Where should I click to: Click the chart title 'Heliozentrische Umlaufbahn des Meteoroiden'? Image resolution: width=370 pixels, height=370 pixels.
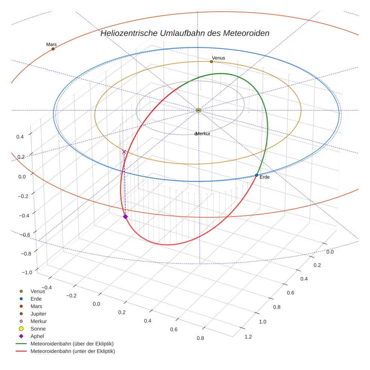[x=185, y=33]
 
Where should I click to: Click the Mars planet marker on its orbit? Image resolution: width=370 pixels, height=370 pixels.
[x=53, y=49]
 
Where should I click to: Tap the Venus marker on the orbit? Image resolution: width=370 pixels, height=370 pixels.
[x=211, y=62]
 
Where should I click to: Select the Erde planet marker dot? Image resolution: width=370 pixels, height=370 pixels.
[x=256, y=175]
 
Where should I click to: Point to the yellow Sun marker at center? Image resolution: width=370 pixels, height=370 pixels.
[x=199, y=110]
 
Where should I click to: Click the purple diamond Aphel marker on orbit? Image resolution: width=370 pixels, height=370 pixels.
[x=125, y=217]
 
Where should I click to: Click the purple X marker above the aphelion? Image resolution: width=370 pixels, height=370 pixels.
[x=124, y=152]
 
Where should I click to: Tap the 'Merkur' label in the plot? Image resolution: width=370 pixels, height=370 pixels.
[x=203, y=134]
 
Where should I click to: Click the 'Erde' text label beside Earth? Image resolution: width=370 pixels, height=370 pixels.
[x=265, y=177]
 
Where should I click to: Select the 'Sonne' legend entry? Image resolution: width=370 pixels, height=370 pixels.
[x=38, y=329]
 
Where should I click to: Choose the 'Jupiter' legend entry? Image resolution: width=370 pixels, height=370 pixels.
[x=38, y=314]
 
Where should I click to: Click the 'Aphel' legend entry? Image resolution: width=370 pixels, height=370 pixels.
[x=37, y=336]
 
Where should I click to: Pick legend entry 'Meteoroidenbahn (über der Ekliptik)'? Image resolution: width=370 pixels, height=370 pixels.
[x=72, y=344]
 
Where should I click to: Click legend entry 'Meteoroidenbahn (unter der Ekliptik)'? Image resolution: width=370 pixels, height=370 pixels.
[x=73, y=351]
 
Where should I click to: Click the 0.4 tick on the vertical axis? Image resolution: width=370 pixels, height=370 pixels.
[x=20, y=136]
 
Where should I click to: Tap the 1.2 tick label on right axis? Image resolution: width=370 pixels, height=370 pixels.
[x=248, y=337]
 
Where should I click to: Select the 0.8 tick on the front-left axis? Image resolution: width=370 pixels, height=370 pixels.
[x=200, y=338]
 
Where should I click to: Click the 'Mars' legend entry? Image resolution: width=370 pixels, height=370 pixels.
[x=36, y=306]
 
